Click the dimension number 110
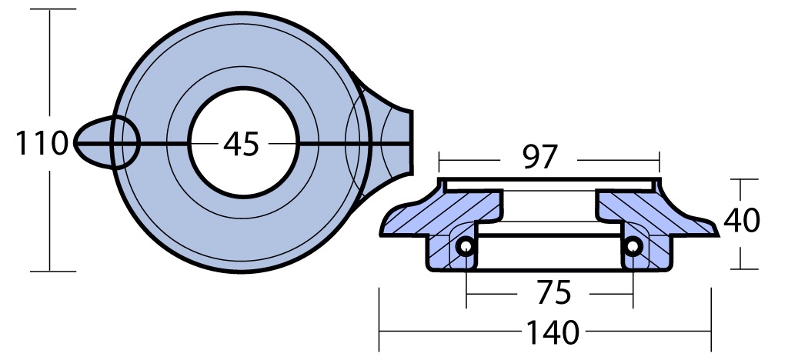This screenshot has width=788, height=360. click(x=42, y=143)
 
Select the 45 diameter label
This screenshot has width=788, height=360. click(x=241, y=144)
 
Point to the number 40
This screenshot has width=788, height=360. click(x=741, y=221)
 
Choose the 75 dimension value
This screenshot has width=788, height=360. click(x=553, y=293)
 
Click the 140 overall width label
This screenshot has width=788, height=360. click(x=553, y=332)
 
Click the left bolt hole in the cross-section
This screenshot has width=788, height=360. click(x=466, y=246)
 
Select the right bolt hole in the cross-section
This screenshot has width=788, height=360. click(x=633, y=246)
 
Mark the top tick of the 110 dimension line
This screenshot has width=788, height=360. click(x=53, y=9)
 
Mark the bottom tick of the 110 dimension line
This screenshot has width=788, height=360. click(x=53, y=272)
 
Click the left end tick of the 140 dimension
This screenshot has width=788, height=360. click(x=379, y=319)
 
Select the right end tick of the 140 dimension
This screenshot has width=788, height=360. click(x=711, y=319)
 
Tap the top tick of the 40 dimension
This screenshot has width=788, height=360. click(x=741, y=179)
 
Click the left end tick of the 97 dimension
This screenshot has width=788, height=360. click(x=439, y=162)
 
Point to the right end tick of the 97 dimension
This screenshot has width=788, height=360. click(x=659, y=162)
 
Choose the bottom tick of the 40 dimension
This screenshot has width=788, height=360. click(x=741, y=269)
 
